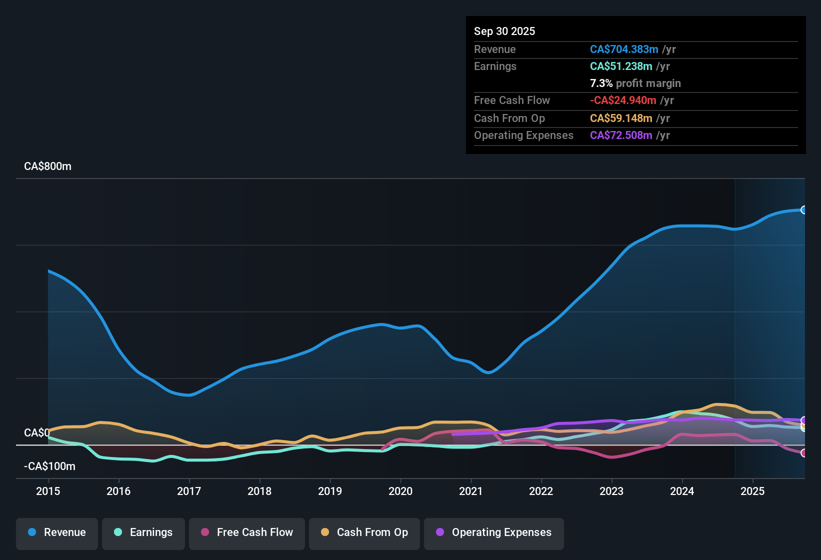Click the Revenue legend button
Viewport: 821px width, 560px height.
(57, 532)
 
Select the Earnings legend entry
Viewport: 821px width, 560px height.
(143, 532)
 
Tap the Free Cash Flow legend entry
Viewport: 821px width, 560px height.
(247, 532)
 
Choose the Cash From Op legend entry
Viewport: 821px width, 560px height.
(364, 532)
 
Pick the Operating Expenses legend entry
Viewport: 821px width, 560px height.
(494, 532)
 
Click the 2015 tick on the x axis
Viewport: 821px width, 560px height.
(48, 491)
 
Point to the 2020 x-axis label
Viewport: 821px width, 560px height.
(400, 491)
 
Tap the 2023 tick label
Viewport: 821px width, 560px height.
(611, 491)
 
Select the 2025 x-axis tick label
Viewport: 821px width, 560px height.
(752, 491)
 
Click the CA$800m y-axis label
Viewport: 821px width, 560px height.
(47, 166)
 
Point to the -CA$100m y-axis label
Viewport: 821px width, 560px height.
(49, 466)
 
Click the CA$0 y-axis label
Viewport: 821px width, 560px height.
(36, 432)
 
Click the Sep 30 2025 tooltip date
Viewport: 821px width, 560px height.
(504, 31)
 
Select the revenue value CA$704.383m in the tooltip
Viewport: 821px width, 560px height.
(623, 49)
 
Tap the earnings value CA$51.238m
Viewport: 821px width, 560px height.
(621, 66)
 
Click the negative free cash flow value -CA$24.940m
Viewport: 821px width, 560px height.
(623, 100)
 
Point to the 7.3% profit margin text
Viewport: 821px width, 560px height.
(635, 83)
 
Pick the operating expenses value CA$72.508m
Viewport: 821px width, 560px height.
(621, 135)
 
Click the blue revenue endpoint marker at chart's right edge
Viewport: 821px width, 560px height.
(803, 210)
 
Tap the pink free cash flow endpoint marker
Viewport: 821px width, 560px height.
(803, 453)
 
